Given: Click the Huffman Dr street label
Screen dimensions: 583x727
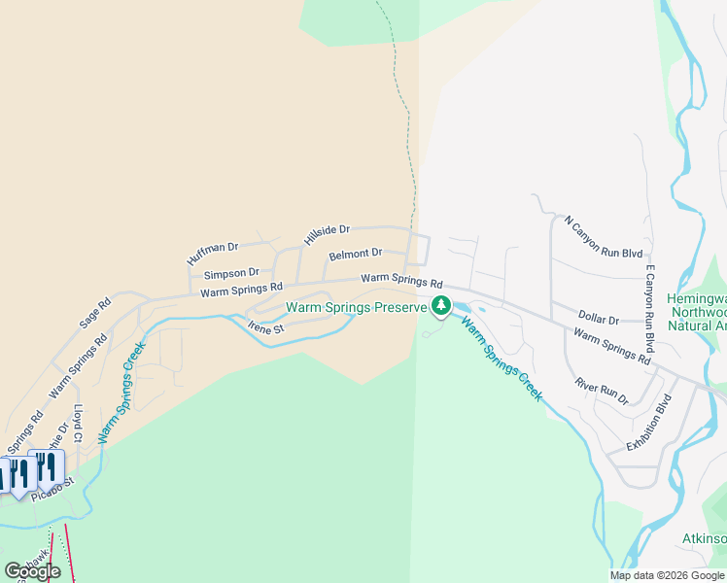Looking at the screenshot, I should pos(212,255).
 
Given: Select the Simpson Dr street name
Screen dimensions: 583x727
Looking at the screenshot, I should pos(231,274).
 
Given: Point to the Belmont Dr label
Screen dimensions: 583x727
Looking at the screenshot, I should pos(355,255).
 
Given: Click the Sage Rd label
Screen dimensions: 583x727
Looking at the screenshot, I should pos(93,314).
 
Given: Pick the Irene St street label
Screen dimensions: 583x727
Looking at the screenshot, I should pos(264,329).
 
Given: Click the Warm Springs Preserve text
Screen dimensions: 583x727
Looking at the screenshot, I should pos(356,308).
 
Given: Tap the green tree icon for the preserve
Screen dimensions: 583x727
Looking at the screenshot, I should pos(441,306).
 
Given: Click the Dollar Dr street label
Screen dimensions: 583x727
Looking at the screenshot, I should pos(599,319).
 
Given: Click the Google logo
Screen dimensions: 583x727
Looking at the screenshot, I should pos(33,571).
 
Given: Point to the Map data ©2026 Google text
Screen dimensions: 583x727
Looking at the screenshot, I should pos(668,575).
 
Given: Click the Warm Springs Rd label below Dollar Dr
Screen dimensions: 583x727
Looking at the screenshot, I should pos(611,347).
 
